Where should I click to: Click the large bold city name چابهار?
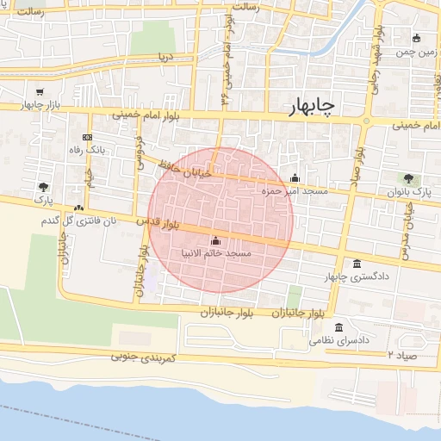coord(313,105)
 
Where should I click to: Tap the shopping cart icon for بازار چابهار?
coord(40,92)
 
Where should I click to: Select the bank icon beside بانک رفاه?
coord(86,138)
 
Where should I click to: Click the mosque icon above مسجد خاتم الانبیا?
coord(214,240)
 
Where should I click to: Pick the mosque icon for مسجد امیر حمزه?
coord(295,177)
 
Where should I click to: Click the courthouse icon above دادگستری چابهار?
coord(357,264)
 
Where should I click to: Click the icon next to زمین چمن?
coord(417,38)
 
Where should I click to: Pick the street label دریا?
coord(165,58)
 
